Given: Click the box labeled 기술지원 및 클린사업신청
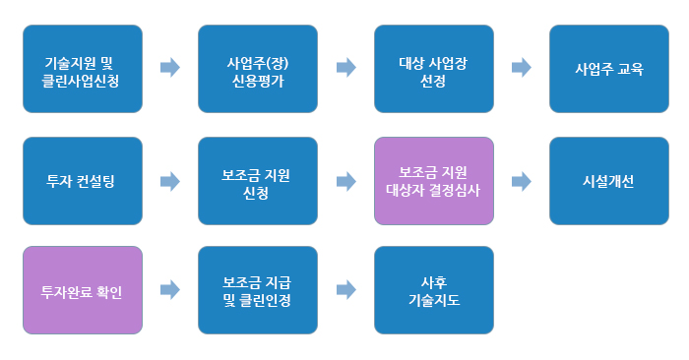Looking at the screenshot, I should [x=83, y=69].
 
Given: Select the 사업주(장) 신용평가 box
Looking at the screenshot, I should [x=258, y=69].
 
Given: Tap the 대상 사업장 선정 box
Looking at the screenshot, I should [x=433, y=69].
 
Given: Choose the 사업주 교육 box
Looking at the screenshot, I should [x=608, y=69].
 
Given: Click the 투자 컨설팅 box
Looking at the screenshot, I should [x=83, y=181].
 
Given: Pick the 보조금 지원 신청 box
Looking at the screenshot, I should [x=258, y=181].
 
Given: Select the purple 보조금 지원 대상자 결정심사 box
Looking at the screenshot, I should [x=433, y=181].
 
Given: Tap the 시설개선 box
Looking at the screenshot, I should [x=608, y=181].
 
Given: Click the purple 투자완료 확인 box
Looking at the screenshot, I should [x=83, y=290].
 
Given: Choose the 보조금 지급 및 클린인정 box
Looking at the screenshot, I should [x=258, y=290].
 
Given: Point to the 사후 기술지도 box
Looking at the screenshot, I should [x=433, y=290].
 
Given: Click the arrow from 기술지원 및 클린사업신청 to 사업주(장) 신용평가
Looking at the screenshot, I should [x=170, y=68].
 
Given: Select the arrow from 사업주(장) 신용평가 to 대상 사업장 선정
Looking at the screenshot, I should [x=345, y=68].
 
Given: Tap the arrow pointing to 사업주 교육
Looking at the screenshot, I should [x=521, y=68].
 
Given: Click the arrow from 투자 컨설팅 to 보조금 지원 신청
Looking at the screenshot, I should [x=170, y=181].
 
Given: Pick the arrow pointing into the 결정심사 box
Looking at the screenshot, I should [x=345, y=181].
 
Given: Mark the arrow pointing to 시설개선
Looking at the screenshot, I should [x=521, y=181].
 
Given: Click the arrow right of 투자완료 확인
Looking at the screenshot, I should [x=170, y=290].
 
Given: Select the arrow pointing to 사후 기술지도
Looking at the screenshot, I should [x=345, y=290].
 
